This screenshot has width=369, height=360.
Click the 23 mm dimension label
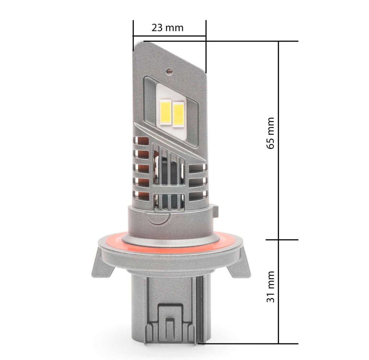(167, 28)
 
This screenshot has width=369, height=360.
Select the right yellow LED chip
(178, 114)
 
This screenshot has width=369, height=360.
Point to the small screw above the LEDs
(168, 71)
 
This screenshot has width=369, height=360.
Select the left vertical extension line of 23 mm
(133, 36)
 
